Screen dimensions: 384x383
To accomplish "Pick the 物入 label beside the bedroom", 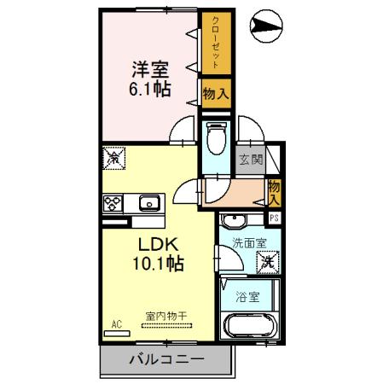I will coord(216,94).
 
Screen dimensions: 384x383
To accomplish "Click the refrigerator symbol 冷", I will coord(113,157).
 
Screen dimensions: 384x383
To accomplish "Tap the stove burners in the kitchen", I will coord(113,203).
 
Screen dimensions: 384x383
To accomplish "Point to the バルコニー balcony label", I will coord(166,359).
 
